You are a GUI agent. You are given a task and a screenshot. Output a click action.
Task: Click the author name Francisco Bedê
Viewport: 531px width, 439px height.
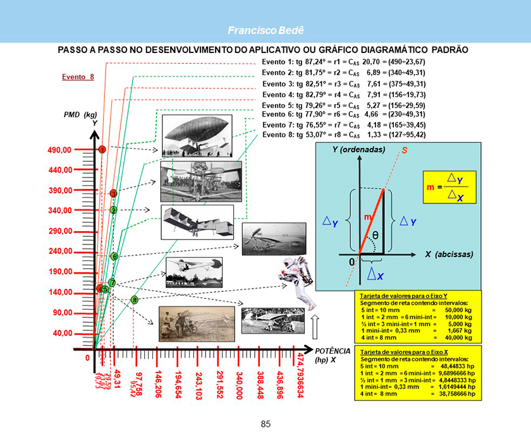(x=265, y=30)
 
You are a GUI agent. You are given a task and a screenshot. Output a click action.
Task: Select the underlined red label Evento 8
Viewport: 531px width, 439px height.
(x=78, y=77)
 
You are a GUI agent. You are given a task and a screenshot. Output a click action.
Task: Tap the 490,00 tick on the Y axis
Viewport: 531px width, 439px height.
(x=60, y=150)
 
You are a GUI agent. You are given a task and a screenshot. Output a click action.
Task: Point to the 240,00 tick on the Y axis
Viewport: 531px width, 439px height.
(x=60, y=251)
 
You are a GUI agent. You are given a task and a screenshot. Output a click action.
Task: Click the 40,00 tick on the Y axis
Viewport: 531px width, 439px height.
(x=62, y=333)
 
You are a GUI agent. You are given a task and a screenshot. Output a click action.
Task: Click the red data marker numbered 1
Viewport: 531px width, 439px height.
(x=101, y=150)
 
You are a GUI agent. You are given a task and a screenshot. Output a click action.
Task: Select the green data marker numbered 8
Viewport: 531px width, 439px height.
(x=134, y=300)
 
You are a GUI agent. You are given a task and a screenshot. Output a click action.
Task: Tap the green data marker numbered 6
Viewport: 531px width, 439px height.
(x=114, y=256)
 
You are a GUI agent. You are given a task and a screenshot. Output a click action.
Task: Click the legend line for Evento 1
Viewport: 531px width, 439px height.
(x=344, y=62)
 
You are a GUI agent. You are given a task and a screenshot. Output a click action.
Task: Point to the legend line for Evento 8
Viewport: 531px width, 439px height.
(x=344, y=135)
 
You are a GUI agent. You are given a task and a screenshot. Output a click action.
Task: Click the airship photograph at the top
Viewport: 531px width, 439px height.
(x=192, y=135)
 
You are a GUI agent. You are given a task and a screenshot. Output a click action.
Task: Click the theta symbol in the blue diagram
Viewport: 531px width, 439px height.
(x=375, y=235)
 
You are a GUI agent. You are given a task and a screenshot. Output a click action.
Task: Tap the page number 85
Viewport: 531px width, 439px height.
(x=265, y=423)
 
